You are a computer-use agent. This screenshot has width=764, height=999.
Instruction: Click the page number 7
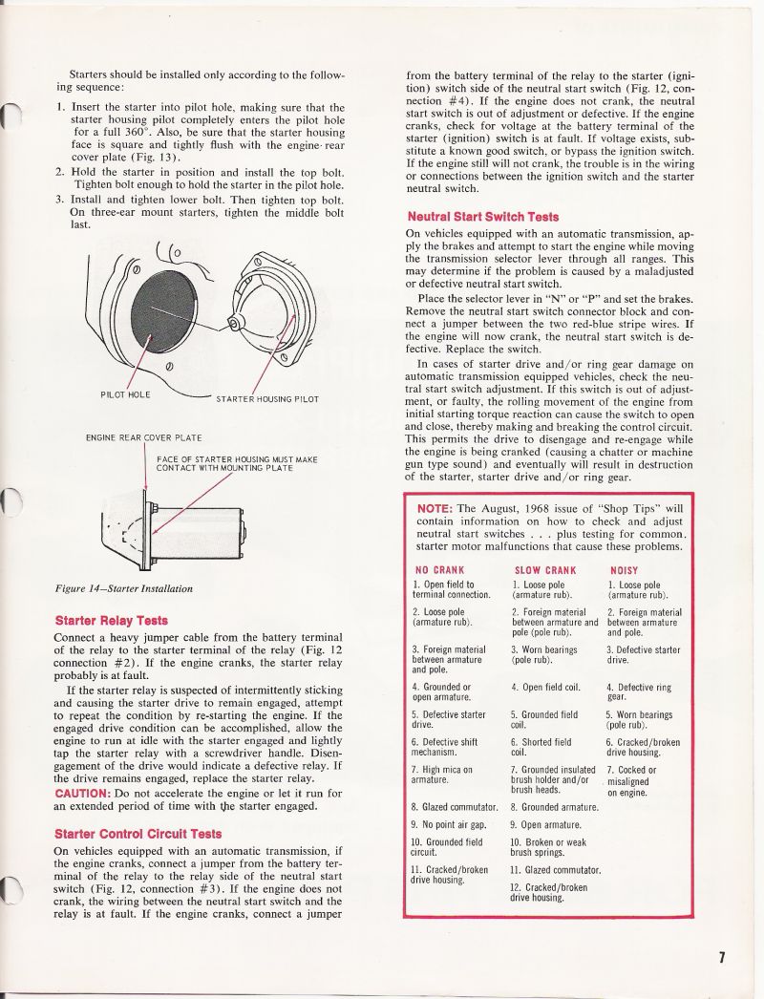coord(723,958)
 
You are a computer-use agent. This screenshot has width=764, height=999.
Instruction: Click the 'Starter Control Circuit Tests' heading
coord(138,834)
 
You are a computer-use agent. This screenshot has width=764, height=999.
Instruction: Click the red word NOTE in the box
coord(435,508)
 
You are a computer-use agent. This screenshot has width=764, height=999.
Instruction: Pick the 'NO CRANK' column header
coord(439,570)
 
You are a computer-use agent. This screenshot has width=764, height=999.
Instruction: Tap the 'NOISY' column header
coord(624,570)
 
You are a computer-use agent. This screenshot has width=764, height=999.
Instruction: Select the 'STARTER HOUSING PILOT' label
coord(266,399)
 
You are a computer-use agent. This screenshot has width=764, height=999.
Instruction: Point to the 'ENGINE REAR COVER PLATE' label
coord(143,437)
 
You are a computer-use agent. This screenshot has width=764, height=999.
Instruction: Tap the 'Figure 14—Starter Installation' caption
coord(124,588)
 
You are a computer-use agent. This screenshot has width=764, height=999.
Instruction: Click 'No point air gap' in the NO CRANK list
coord(449,823)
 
